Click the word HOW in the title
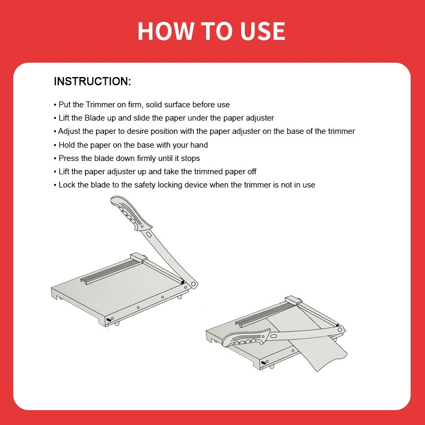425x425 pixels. pos(165,31)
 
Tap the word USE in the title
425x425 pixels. pos(262,31)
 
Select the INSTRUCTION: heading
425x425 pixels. pos(92,81)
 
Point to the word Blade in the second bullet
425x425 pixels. pos(95,118)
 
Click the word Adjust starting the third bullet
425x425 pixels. pos(69,131)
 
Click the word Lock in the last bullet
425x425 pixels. pos(67,185)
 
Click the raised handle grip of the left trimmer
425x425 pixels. pos(131,213)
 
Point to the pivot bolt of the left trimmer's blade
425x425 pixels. pos(193,284)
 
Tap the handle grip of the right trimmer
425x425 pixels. pos(246,338)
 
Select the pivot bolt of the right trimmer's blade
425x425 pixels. pos(339,330)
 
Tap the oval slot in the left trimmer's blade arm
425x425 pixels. pos(149,234)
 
